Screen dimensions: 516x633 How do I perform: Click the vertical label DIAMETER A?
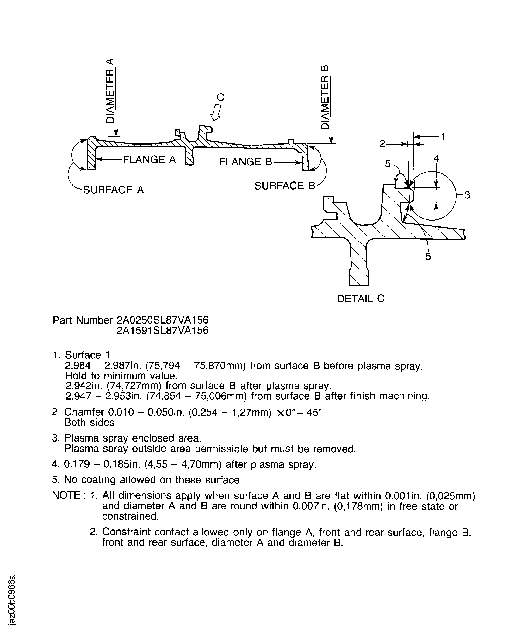110,91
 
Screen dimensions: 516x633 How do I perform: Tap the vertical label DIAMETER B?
326,97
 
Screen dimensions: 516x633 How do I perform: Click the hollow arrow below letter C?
216,112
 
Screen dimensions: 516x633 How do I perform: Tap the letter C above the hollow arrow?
220,97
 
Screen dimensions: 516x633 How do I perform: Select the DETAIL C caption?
361,299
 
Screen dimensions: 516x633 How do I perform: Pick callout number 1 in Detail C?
443,137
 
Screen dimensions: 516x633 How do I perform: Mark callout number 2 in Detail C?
382,144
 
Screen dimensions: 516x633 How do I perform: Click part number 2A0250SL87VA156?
162,320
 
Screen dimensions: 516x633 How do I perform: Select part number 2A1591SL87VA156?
162,331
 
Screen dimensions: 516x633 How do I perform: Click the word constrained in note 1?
130,516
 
